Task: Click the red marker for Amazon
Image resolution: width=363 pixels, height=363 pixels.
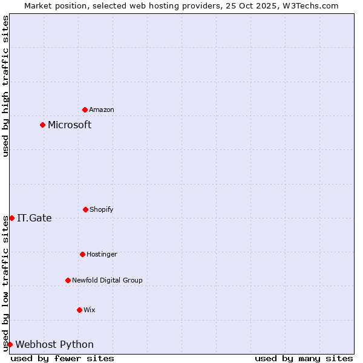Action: [85, 110]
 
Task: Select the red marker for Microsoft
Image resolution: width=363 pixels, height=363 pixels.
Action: [42, 125]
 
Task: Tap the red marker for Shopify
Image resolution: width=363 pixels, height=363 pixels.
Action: [85, 209]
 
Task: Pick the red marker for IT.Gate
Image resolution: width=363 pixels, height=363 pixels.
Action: [11, 218]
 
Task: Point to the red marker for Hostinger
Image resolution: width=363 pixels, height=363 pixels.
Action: [82, 254]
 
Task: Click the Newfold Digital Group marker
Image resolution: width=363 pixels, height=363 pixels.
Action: [68, 280]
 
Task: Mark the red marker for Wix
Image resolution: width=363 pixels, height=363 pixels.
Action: [79, 310]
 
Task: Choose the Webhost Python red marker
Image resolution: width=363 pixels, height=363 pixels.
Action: [10, 344]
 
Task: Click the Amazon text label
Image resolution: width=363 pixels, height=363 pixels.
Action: [102, 110]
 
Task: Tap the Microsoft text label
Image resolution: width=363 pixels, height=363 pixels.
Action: [70, 125]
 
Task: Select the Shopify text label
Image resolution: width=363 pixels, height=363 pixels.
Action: [102, 209]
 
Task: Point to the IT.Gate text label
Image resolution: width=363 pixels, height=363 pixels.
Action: [34, 218]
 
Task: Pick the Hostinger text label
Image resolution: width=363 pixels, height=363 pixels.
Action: [102, 254]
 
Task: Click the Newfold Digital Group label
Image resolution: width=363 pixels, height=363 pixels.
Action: [107, 280]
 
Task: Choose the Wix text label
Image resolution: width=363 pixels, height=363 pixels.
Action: [90, 310]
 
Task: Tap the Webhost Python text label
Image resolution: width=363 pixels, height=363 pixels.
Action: [54, 344]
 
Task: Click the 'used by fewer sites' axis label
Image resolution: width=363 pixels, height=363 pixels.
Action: [62, 358]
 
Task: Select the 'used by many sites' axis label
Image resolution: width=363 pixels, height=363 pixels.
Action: [304, 358]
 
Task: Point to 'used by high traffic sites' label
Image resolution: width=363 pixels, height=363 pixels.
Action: [5, 86]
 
